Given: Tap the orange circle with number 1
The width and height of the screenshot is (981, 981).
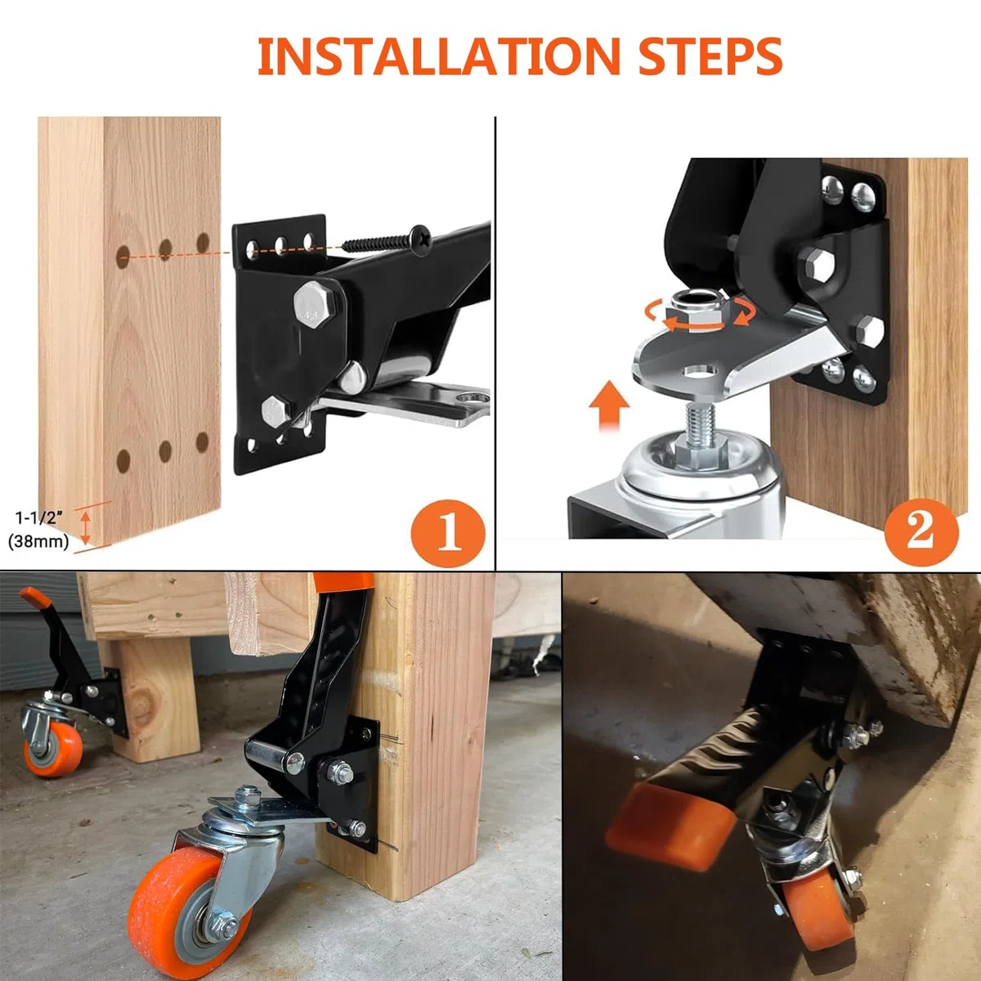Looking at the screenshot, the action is tap(448, 533).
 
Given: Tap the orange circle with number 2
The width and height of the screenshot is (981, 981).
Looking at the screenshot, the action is tap(921, 532).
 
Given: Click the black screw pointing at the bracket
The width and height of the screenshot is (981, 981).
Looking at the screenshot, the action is tap(387, 240).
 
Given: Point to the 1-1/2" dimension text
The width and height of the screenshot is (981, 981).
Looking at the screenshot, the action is tap(38, 518).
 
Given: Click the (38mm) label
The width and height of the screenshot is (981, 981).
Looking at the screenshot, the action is tap(38, 540).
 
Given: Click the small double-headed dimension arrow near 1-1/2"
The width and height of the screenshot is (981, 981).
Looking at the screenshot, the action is tap(86, 527).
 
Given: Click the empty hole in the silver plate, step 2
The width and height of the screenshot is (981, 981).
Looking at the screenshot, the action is tap(701, 372).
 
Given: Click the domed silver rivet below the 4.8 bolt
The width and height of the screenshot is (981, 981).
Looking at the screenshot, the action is tap(353, 377).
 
